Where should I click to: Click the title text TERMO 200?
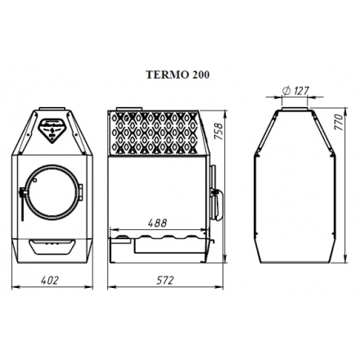pyautogui.click(x=178, y=74)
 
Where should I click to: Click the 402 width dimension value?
pyautogui.click(x=50, y=280)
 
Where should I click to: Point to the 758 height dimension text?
pyautogui.click(x=218, y=133)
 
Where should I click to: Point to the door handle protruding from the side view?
pyautogui.click(x=215, y=192)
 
